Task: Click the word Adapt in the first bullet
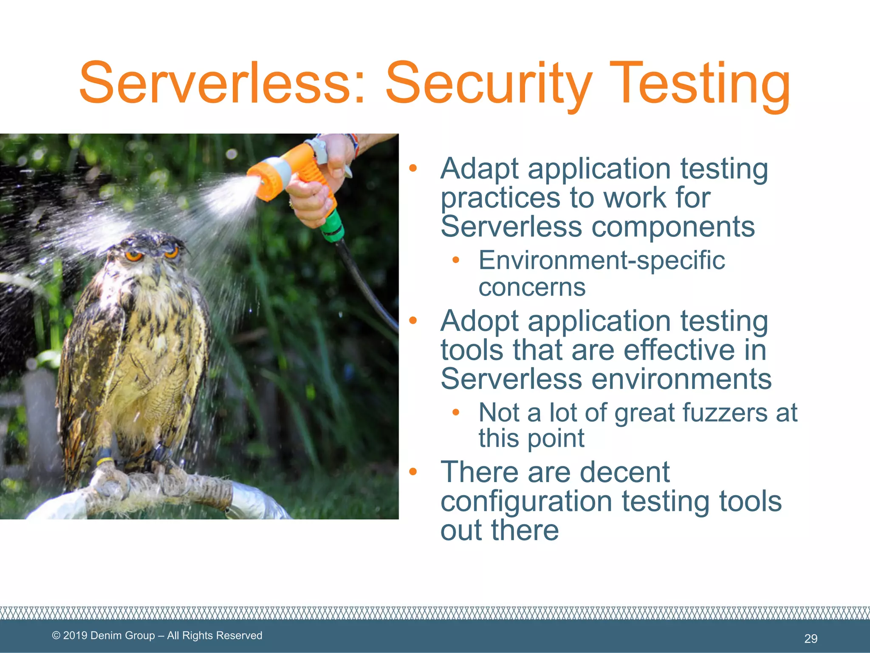(479, 169)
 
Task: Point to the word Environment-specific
(602, 260)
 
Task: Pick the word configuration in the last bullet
(526, 502)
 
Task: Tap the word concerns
(532, 287)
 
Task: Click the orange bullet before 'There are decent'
(413, 471)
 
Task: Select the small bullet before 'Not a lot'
(456, 412)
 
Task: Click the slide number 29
(811, 639)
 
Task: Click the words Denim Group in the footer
(123, 636)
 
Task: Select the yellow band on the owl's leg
(104, 461)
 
